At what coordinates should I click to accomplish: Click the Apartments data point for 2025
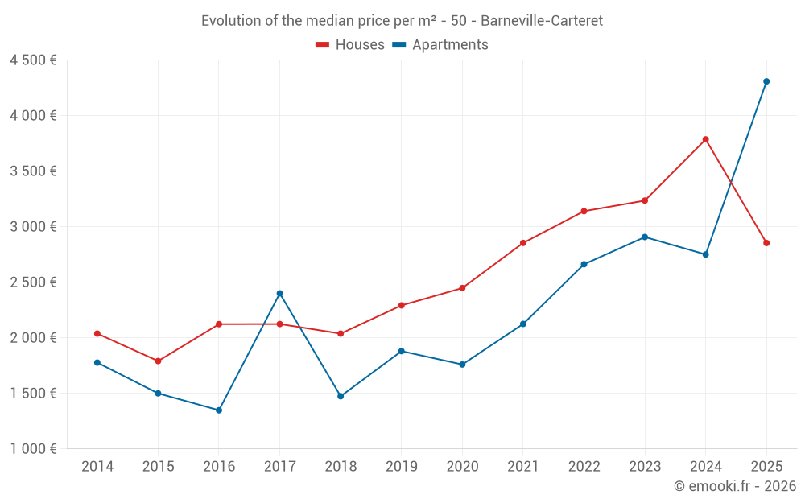(766, 81)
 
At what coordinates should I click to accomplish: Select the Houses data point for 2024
(705, 139)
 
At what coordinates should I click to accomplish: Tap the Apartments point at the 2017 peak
(279, 293)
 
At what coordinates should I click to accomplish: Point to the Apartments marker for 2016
(219, 410)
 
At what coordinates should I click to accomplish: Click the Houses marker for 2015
(158, 361)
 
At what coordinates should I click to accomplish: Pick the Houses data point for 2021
(523, 243)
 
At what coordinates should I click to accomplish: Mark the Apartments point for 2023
(645, 237)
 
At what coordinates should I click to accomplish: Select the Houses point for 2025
(766, 243)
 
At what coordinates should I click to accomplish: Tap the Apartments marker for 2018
(341, 396)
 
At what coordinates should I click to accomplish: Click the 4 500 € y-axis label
(33, 60)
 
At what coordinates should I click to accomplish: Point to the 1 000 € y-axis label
(33, 449)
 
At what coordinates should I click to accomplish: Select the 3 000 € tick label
(33, 227)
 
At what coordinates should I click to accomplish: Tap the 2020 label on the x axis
(462, 467)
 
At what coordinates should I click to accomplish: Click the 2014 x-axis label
(97, 467)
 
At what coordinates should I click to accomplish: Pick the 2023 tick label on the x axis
(645, 467)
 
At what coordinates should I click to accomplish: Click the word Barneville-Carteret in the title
(541, 20)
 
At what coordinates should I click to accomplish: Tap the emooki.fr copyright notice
(734, 486)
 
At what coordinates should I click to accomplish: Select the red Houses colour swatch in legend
(323, 45)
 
